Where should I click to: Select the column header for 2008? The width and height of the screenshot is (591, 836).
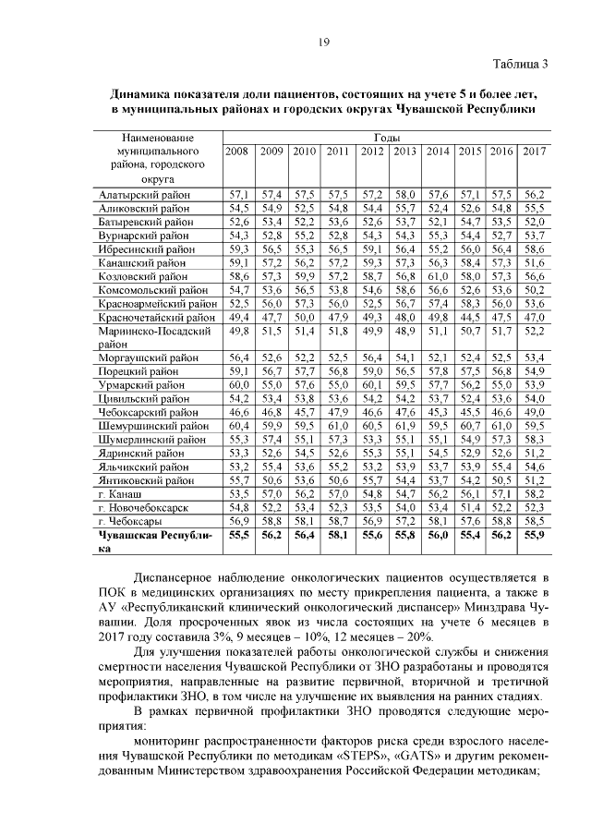pyautogui.click(x=238, y=151)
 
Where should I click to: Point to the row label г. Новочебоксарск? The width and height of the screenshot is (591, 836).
pyautogui.click(x=143, y=507)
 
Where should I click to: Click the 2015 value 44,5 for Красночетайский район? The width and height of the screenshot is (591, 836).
pyautogui.click(x=470, y=317)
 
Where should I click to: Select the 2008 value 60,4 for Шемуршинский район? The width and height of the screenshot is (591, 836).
pyautogui.click(x=238, y=426)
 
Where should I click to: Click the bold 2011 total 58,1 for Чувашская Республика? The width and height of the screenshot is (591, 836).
pyautogui.click(x=337, y=535)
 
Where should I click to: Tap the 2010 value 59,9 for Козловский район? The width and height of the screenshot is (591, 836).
pyautogui.click(x=304, y=276)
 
